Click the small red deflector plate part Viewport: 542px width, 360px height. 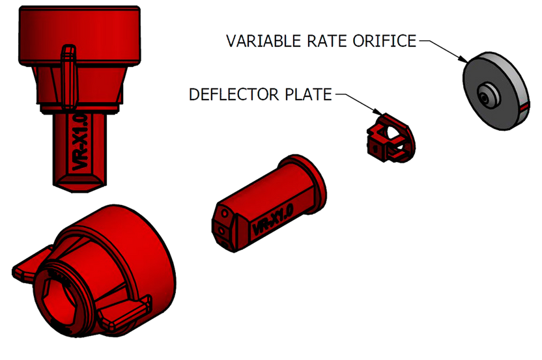point(388,137)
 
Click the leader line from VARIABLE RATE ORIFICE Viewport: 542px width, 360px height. point(440,49)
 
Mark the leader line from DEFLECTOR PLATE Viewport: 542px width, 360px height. point(355,101)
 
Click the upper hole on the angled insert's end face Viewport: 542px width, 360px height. point(221,215)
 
